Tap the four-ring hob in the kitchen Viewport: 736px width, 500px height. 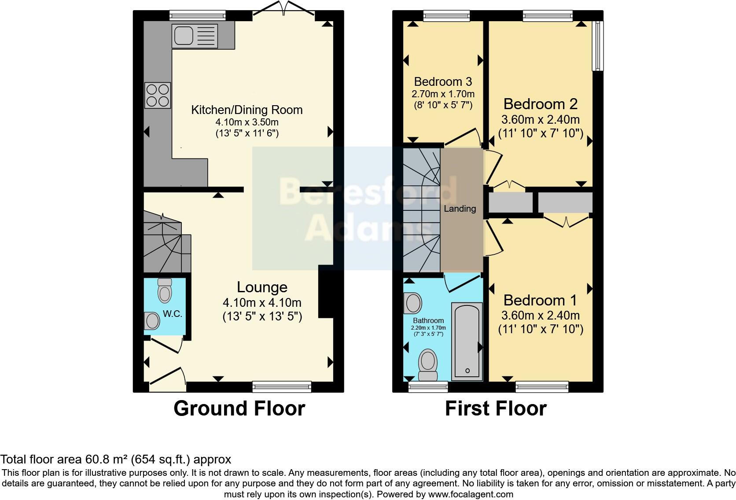pyautogui.click(x=158, y=96)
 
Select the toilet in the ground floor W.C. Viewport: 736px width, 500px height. pyautogui.click(x=165, y=290)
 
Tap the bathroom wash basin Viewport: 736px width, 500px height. pyautogui.click(x=413, y=303)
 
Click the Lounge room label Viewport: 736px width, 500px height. pyautogui.click(x=262, y=287)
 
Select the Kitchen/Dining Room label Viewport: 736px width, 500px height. pyautogui.click(x=247, y=110)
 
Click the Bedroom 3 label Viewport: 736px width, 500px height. pyautogui.click(x=443, y=81)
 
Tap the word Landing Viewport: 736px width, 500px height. pyautogui.click(x=460, y=209)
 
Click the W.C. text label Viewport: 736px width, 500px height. pyautogui.click(x=172, y=314)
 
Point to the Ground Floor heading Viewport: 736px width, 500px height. pyautogui.click(x=239, y=408)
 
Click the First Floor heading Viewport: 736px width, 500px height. pyautogui.click(x=495, y=408)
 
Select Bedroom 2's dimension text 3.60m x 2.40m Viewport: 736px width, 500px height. pyautogui.click(x=540, y=119)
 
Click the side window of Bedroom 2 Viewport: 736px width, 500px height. pyautogui.click(x=597, y=46)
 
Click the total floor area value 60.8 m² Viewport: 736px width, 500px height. pyautogui.click(x=106, y=460)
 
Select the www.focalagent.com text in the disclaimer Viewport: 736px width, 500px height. pyautogui.click(x=470, y=494)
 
